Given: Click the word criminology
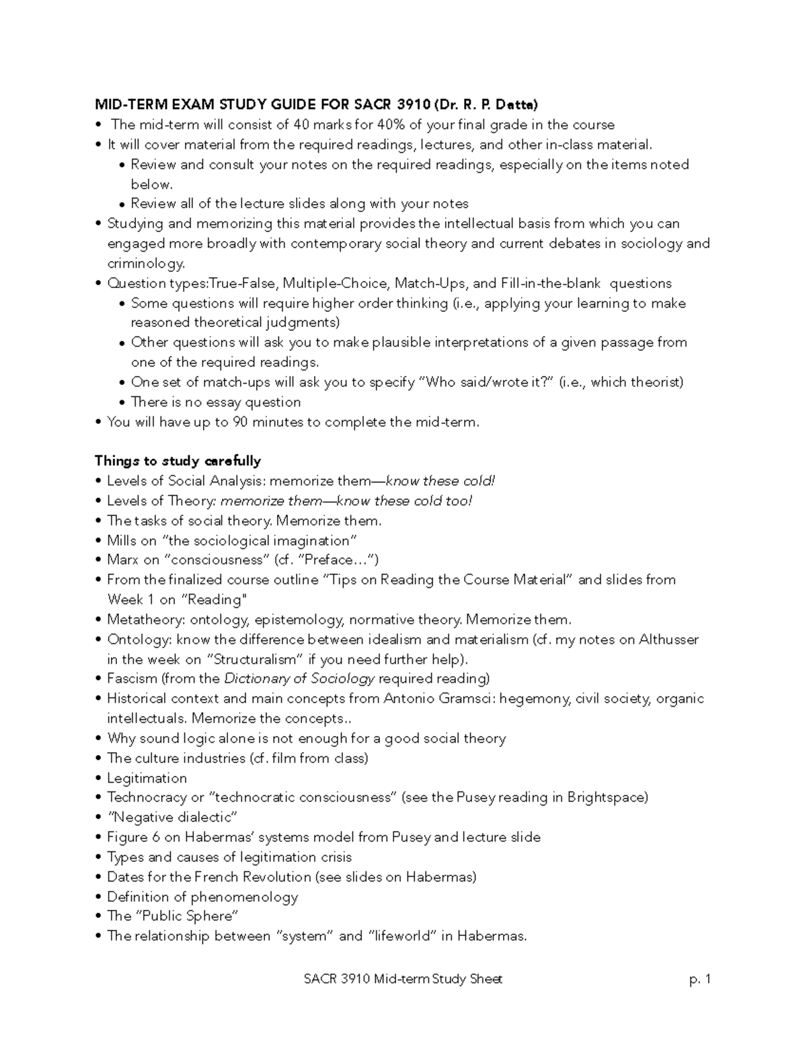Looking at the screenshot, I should click(x=145, y=263).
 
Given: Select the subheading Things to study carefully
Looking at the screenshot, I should click(x=178, y=461).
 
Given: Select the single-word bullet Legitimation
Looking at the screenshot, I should click(x=147, y=778).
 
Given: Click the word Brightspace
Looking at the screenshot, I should click(x=607, y=797).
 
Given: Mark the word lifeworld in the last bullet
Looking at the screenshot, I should click(x=402, y=936).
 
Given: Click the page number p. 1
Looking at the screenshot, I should click(x=700, y=979).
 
